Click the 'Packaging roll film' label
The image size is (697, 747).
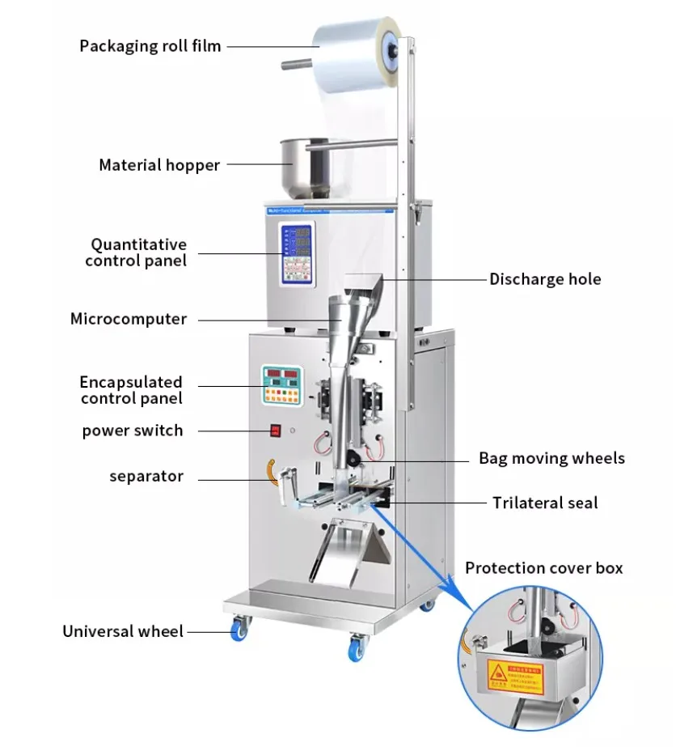point(150,45)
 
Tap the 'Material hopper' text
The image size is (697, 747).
point(159,165)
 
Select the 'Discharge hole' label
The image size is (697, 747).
point(545,279)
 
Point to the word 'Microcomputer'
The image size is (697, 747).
point(129,319)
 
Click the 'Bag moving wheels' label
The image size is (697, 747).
point(551,458)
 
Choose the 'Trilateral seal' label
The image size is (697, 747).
point(545,503)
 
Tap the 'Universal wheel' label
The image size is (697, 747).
point(123,631)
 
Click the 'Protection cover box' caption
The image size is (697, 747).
point(543,567)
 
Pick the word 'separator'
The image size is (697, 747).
point(146,476)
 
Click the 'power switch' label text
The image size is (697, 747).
point(133,430)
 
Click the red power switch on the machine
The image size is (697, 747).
point(276,431)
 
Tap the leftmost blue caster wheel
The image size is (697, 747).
point(239,630)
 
